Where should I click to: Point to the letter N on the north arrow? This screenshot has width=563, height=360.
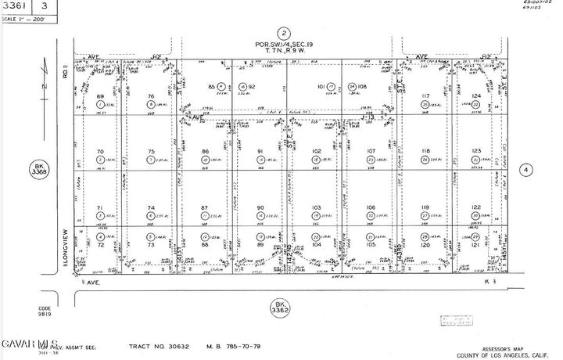[44, 81]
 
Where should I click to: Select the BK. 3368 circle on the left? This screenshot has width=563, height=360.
[40, 169]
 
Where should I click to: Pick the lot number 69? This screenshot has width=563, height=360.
[100, 96]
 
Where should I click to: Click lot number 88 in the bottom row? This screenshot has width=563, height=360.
[204, 244]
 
